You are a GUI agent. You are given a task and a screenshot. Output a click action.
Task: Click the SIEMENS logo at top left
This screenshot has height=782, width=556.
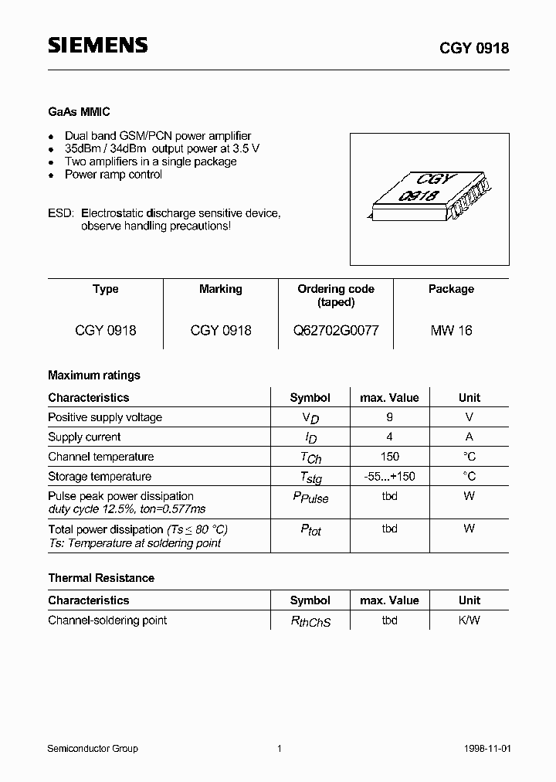[98, 46]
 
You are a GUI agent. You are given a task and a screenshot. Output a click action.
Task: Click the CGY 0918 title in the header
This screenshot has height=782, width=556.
[474, 48]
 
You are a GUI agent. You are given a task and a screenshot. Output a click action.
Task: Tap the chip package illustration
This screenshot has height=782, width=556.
[430, 199]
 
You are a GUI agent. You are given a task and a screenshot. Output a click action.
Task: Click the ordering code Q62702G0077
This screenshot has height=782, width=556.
[336, 330]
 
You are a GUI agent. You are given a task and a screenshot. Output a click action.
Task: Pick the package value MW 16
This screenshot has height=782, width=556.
[451, 330]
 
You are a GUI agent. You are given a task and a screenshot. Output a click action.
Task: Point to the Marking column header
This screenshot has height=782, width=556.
[221, 289]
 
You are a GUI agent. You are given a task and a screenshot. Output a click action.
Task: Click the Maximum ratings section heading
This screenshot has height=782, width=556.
[94, 376]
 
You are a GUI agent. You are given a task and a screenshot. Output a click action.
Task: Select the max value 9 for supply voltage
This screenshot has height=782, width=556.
[389, 417]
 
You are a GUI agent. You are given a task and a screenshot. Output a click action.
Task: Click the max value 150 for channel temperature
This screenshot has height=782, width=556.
[389, 457]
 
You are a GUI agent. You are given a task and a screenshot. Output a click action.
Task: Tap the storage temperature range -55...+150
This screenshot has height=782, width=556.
[389, 477]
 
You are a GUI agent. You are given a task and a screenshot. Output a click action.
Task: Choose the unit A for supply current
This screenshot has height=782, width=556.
[469, 437]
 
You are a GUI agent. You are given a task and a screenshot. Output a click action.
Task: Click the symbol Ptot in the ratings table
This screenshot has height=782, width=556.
[310, 530]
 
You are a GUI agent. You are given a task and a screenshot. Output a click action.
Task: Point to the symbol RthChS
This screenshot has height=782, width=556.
[310, 621]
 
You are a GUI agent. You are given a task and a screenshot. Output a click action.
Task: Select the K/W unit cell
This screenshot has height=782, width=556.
[469, 620]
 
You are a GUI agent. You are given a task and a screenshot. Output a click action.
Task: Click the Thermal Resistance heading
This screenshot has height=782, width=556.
[101, 578]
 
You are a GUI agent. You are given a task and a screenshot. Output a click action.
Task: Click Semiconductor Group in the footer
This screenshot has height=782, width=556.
[93, 749]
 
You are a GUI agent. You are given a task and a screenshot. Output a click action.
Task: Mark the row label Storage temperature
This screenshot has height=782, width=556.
[100, 477]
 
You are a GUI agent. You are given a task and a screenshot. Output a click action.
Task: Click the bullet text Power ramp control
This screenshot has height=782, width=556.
[114, 175]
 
